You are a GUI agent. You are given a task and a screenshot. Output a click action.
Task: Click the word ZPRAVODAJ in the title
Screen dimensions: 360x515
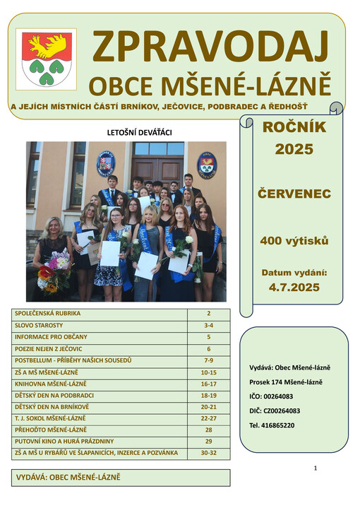[210, 47]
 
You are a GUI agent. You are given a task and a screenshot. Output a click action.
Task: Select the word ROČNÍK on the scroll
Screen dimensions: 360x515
[292, 128]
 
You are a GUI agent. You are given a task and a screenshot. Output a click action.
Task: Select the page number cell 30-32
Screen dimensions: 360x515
[208, 453]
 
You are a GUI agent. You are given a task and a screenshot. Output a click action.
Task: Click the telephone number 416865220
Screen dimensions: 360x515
[282, 425]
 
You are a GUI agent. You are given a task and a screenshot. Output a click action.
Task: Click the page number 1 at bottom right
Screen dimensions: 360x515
[315, 468]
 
